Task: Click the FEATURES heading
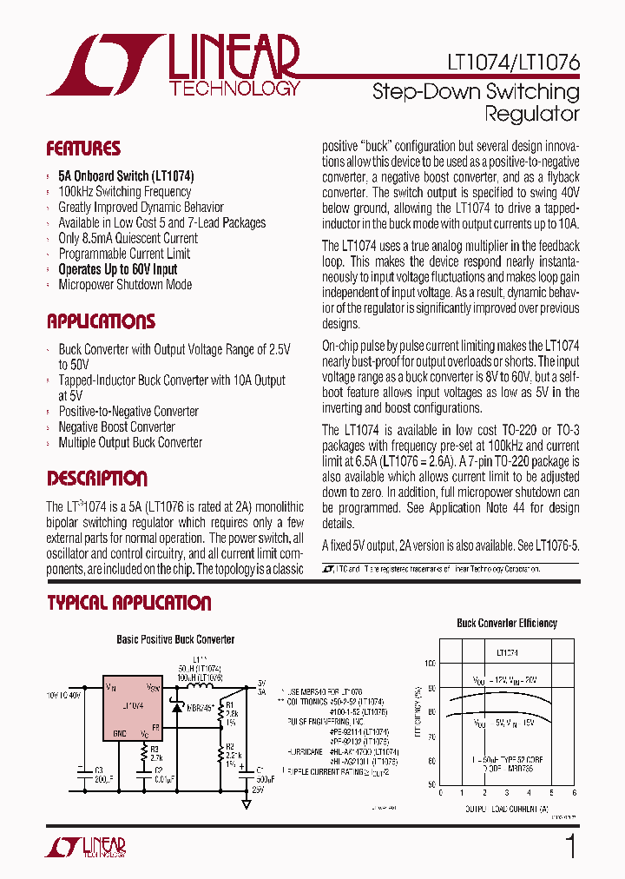click(83, 149)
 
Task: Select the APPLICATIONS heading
click(101, 321)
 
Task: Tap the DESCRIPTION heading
click(97, 479)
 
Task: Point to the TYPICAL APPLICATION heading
click(129, 603)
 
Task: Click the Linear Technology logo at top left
click(174, 65)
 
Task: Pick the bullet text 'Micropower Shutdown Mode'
click(125, 285)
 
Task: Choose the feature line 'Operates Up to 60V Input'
click(118, 269)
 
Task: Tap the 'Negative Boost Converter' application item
click(116, 426)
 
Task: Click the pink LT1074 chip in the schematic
click(133, 707)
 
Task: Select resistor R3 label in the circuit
click(155, 747)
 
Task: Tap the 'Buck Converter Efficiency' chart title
click(507, 623)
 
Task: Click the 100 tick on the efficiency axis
click(430, 663)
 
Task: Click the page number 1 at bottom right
click(570, 846)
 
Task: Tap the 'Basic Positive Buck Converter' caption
click(175, 639)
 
